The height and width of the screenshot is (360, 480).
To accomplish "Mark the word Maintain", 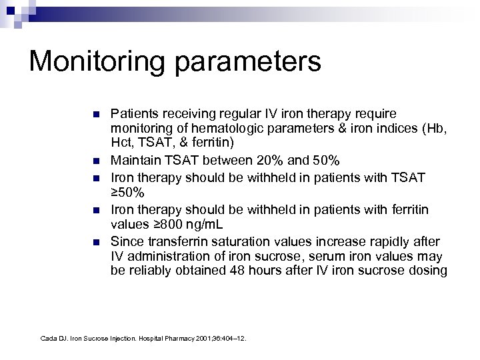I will [133, 160].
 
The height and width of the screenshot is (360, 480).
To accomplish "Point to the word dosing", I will [431, 270].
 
